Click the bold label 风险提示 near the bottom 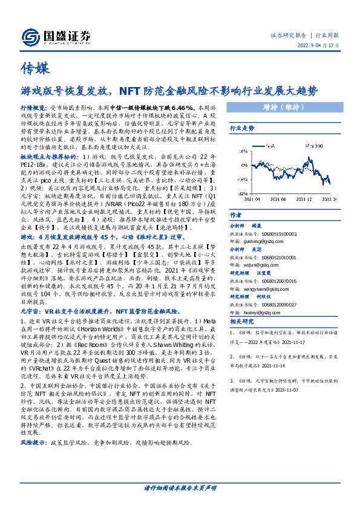(x=32, y=443)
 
